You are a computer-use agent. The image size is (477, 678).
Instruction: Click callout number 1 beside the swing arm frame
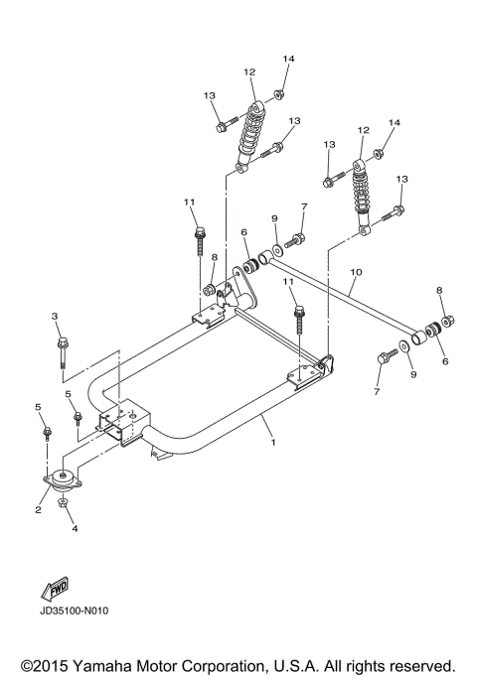click(x=273, y=443)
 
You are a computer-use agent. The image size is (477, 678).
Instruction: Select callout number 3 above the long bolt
click(x=56, y=316)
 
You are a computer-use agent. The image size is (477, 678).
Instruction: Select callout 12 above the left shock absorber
click(x=249, y=71)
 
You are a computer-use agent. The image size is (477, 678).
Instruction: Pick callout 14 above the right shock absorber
click(x=394, y=122)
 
